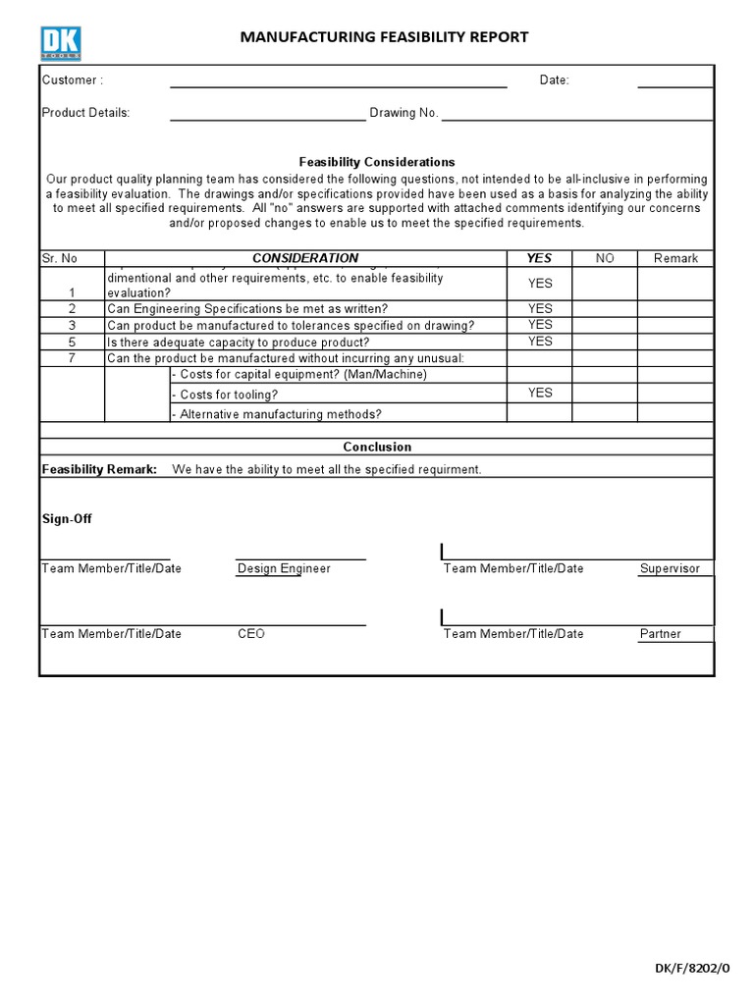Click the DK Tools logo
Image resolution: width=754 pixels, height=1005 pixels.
pos(61,43)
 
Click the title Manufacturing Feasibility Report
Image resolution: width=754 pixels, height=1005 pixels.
pos(385,37)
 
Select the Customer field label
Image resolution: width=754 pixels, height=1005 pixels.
pos(72,80)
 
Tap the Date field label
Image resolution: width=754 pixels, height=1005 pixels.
pos(554,80)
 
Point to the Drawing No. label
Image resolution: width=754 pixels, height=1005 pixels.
pos(404,113)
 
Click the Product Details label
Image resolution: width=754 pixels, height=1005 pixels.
pos(85,113)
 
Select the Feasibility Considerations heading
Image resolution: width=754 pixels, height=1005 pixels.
pos(376,162)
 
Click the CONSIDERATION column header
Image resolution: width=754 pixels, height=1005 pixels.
pos(305,258)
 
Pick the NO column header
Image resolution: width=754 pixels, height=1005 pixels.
pos(605,258)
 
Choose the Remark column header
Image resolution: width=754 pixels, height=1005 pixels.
pos(675,258)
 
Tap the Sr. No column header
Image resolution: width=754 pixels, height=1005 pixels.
pos(59,258)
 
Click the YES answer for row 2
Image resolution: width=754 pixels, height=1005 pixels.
pos(540,308)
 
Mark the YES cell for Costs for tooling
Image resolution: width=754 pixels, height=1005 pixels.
pos(540,393)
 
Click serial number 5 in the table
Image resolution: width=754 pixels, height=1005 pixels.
pos(72,343)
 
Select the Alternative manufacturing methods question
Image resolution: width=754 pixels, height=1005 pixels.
pos(277,414)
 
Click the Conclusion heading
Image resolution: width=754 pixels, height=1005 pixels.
pos(377,447)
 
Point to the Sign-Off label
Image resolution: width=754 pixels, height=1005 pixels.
pos(67,519)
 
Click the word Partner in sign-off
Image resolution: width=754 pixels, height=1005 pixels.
pos(660,634)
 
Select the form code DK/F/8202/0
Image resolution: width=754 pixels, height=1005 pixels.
pos(693,968)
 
